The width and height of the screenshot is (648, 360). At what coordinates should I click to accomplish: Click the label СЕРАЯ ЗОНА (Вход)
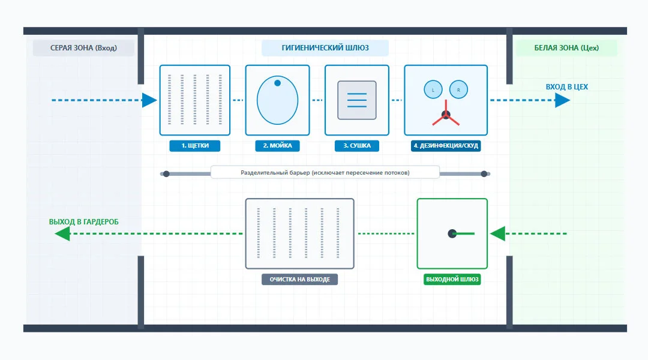pos(83,48)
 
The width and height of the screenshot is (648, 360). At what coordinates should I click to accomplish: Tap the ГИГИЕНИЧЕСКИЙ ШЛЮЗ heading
pos(325,48)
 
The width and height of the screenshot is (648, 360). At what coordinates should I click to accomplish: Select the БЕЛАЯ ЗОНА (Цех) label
pos(566,48)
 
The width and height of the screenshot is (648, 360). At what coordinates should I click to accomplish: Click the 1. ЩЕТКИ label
pos(194,145)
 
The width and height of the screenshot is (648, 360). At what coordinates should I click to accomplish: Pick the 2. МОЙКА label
pos(277,145)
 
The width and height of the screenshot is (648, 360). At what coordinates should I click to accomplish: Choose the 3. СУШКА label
pos(356,145)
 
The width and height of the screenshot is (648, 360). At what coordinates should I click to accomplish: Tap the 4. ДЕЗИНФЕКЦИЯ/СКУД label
pos(445,145)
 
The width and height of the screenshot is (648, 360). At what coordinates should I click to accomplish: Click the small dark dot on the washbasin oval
pos(277,83)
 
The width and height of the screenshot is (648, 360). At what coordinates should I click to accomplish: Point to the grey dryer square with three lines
pos(356,100)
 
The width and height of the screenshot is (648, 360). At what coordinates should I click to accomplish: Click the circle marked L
pos(433,89)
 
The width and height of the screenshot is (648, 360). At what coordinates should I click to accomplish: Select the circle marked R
pos(458,89)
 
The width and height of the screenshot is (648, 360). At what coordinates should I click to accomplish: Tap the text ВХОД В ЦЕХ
pos(566,87)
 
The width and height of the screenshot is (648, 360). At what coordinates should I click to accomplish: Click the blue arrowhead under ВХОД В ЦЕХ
pos(562,100)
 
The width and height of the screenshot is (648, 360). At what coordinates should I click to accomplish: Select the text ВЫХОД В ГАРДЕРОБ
pos(83,222)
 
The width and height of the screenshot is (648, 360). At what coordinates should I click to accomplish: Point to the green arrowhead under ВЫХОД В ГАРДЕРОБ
pos(62,233)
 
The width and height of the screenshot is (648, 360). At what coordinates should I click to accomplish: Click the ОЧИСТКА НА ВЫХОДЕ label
pos(299,280)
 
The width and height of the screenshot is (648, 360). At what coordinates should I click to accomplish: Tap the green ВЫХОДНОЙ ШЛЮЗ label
pos(452,280)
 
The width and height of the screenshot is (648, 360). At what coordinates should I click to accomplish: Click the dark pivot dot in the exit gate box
pos(452,234)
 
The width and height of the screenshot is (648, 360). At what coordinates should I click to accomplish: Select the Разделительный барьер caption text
pos(325,173)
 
